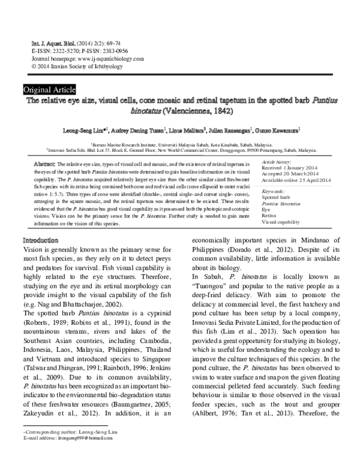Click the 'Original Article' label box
click(49, 89)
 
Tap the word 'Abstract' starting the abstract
click(45, 163)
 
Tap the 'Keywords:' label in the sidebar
click(274, 190)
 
